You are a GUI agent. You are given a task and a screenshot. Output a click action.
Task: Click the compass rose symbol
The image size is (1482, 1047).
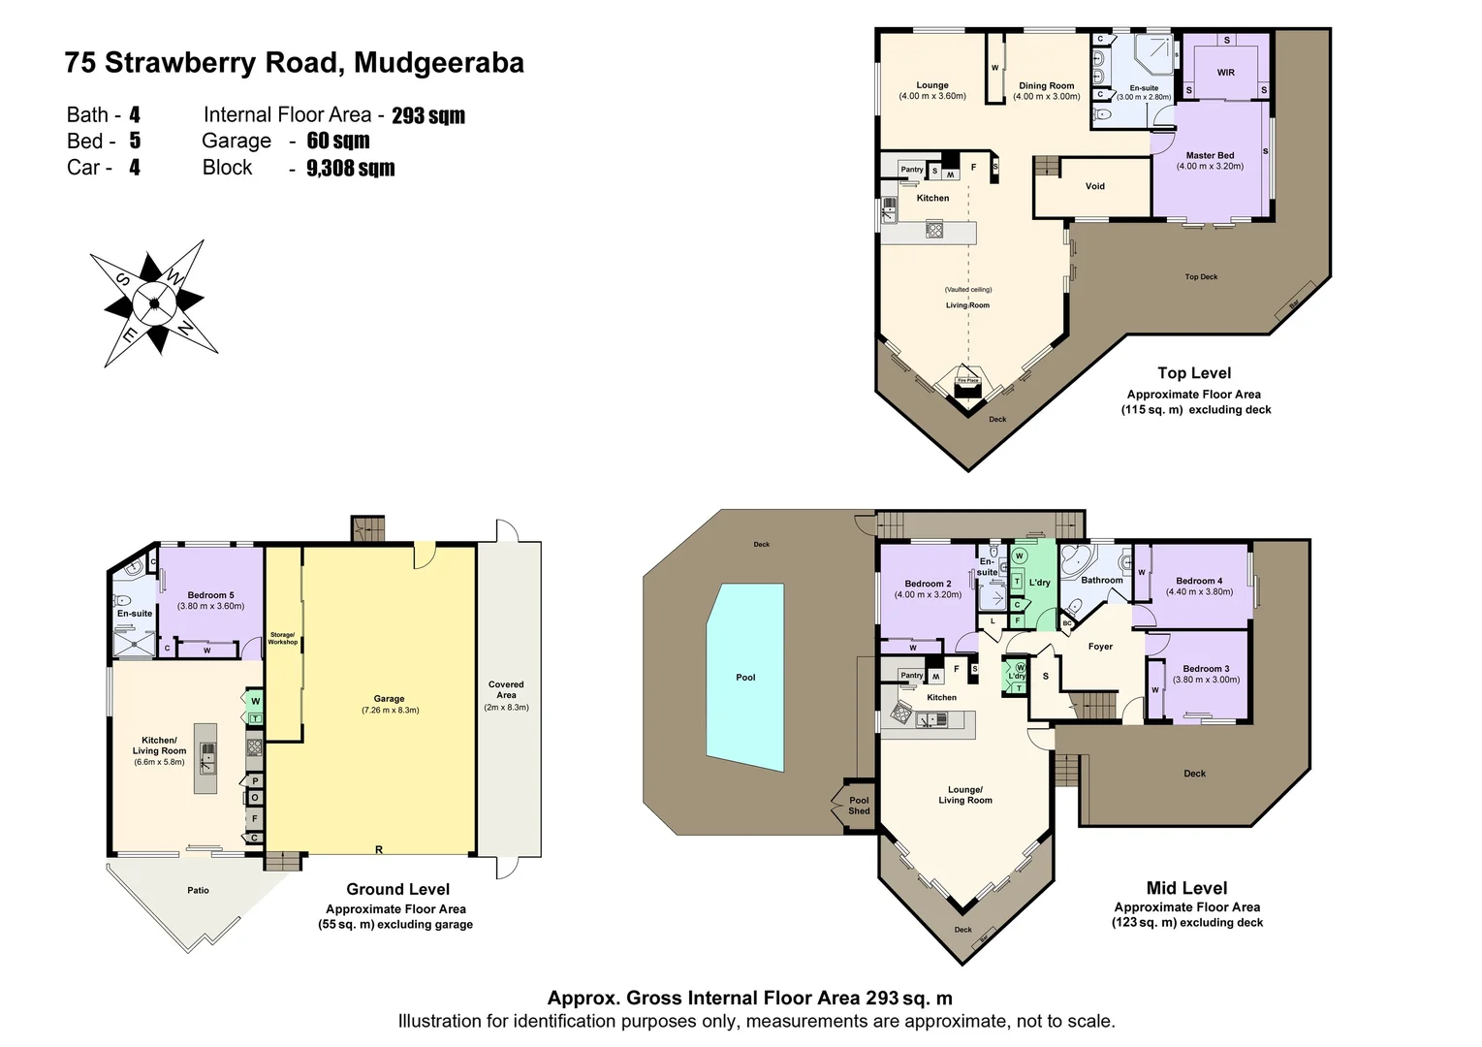click(x=153, y=302)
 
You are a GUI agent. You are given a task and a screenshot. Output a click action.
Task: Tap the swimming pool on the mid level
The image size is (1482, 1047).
click(x=744, y=677)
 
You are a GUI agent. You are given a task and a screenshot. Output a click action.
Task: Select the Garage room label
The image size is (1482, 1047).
click(x=389, y=699)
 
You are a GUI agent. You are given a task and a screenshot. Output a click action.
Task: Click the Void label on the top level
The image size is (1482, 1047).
click(x=1094, y=186)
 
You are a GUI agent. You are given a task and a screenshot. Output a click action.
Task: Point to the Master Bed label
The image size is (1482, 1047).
click(x=1210, y=155)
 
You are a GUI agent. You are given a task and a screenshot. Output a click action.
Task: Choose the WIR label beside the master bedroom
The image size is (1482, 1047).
click(x=1225, y=73)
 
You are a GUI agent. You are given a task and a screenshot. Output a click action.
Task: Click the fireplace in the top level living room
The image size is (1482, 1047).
click(x=967, y=383)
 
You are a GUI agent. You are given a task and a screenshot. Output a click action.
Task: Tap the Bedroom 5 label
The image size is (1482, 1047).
click(x=210, y=595)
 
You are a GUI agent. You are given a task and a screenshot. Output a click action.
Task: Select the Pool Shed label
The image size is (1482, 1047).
click(x=859, y=806)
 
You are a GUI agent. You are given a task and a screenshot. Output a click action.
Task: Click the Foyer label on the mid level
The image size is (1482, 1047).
click(x=1100, y=647)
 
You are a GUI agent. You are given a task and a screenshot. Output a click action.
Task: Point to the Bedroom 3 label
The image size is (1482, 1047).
click(x=1206, y=669)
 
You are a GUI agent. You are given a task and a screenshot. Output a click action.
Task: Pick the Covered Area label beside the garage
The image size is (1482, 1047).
click(x=506, y=689)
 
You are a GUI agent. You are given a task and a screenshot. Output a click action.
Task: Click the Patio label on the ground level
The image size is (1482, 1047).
click(x=198, y=890)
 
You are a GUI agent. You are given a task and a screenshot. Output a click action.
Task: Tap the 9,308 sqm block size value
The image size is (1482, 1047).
click(x=350, y=169)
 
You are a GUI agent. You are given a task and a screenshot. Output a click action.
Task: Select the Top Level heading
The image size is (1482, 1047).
click(x=1193, y=373)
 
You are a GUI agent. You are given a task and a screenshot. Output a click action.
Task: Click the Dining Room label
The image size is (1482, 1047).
click(x=1046, y=86)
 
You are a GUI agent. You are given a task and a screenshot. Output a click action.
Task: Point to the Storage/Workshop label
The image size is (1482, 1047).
click(x=282, y=638)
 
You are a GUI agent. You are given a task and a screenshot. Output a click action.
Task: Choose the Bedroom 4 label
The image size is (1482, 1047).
click(x=1199, y=581)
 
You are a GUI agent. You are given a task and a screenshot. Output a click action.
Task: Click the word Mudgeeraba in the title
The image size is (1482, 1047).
click(x=439, y=63)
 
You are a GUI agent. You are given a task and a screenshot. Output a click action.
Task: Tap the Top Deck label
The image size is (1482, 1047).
click(x=1201, y=277)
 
